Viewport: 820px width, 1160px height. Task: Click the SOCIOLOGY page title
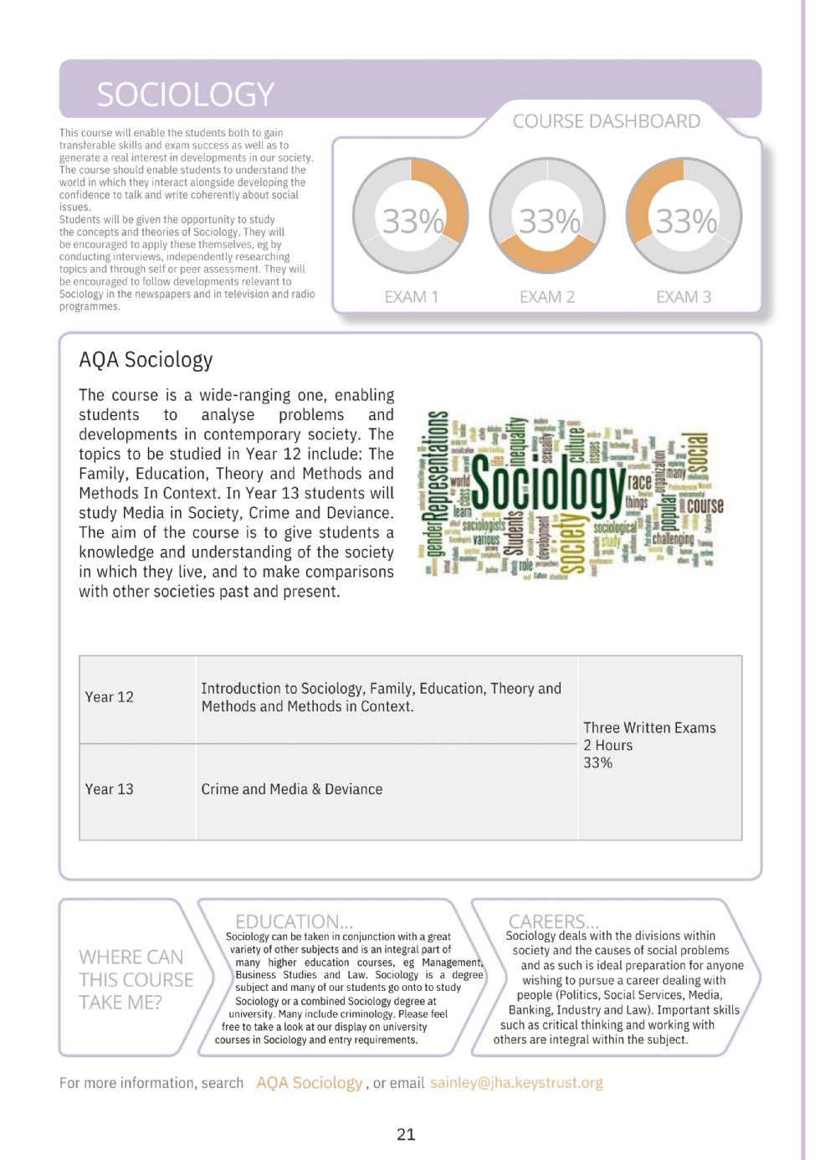coord(185,95)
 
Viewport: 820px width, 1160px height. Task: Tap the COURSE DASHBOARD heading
coord(606,121)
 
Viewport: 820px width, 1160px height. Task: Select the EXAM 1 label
coord(411,297)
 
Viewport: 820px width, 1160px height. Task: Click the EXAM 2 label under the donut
coord(546,297)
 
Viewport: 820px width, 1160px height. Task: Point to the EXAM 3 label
coord(683,297)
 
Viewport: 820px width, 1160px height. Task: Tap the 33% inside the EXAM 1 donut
coord(412,222)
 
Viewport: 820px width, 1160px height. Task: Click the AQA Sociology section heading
coord(146,360)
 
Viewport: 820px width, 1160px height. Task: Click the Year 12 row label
coord(109,697)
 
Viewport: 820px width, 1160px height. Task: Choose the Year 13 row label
coord(109,789)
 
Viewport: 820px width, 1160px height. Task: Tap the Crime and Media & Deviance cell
coord(291,789)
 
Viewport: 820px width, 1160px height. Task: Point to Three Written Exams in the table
coord(649,728)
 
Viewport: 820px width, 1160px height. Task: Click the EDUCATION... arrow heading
coord(294,921)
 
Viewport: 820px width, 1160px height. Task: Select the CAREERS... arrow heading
coord(553,921)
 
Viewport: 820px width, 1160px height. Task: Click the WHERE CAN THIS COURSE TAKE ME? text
coord(136,979)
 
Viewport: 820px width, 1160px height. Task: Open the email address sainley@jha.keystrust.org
coord(516,1083)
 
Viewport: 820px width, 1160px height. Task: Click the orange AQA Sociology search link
coord(309,1083)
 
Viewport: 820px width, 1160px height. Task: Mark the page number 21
coord(406,1134)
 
